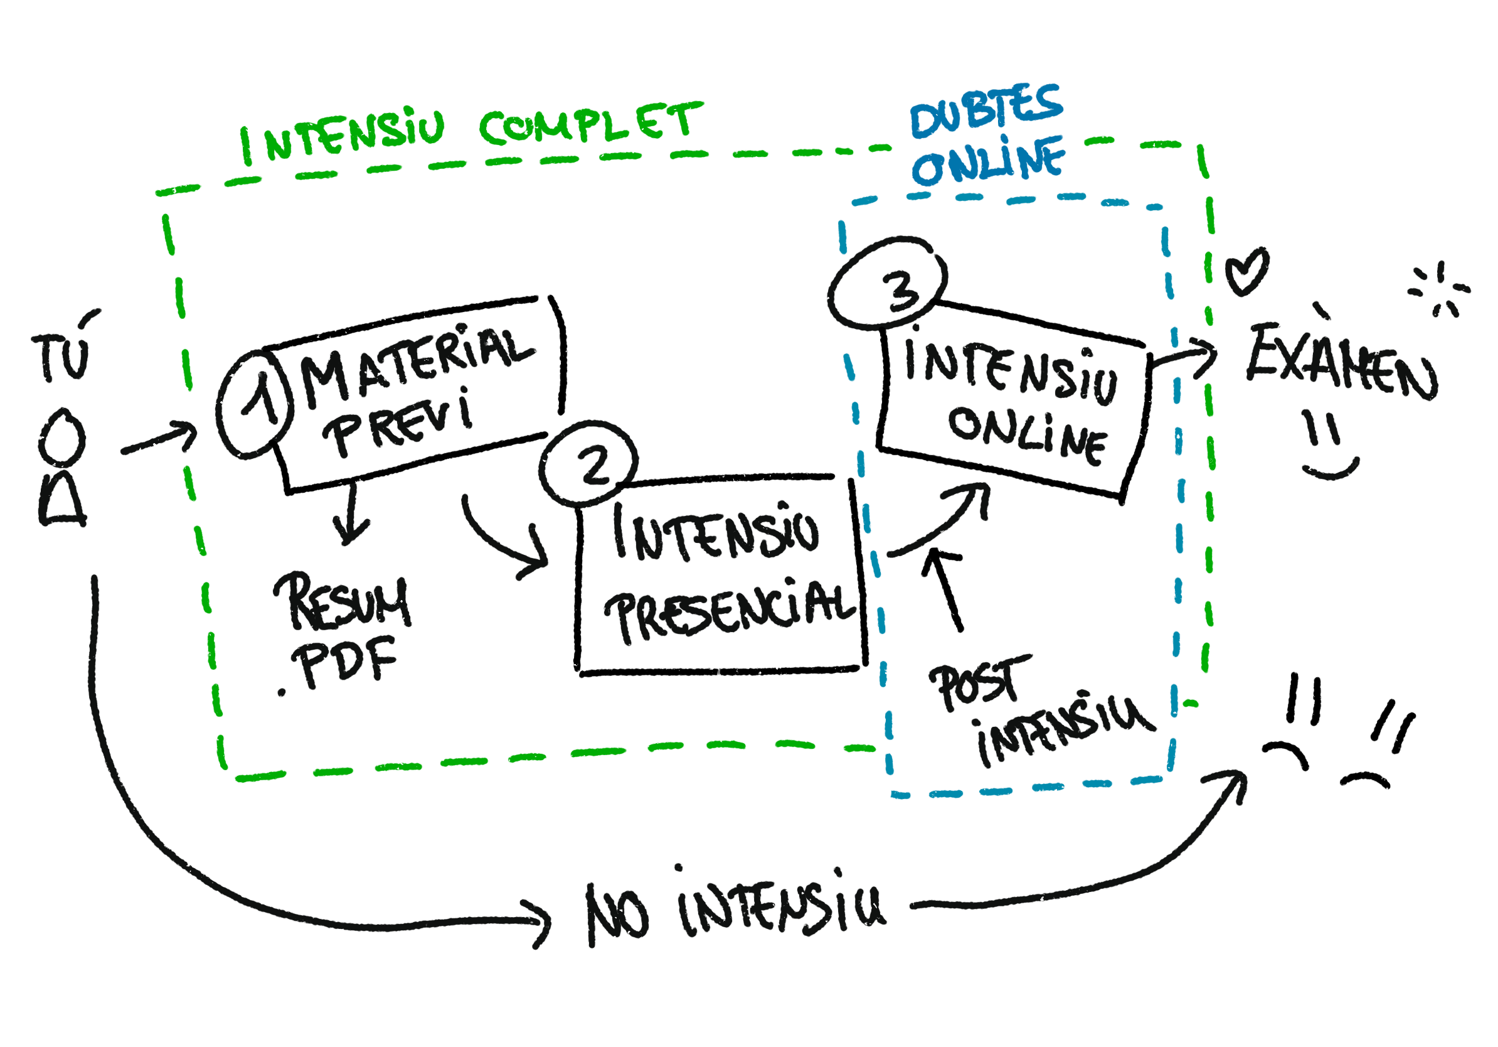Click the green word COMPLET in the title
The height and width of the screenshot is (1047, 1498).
(x=591, y=124)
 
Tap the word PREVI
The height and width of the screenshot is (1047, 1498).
(x=402, y=422)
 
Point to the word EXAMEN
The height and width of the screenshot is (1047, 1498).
(x=1341, y=362)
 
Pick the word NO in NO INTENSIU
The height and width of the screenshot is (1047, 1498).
(x=617, y=914)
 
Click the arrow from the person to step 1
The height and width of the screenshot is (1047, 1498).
(x=160, y=440)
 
